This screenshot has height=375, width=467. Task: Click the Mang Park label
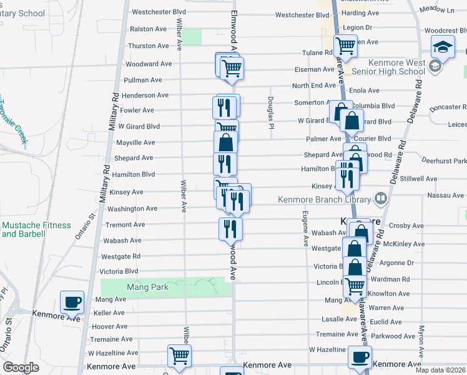(x=127, y=287)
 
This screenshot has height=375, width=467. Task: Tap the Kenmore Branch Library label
(x=325, y=199)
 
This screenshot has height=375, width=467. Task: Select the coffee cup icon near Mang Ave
(x=72, y=302)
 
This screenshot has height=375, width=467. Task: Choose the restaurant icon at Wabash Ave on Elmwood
(x=230, y=229)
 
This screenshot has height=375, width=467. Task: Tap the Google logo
(x=21, y=367)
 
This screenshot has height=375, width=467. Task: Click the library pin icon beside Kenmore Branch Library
(x=381, y=199)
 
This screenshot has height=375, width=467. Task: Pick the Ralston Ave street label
(x=148, y=29)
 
